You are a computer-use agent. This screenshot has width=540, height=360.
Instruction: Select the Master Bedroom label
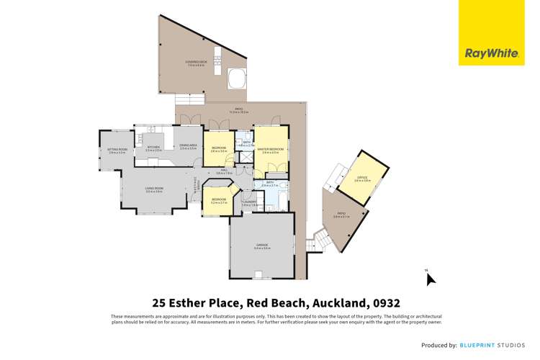[x=271, y=150]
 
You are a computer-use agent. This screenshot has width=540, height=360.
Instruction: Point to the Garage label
[x=261, y=246]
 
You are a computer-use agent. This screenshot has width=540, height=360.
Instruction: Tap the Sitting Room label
[x=117, y=150]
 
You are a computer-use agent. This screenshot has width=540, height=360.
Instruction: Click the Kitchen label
[x=153, y=148]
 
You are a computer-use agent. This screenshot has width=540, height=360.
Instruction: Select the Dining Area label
[x=188, y=146]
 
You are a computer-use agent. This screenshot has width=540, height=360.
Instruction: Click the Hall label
[x=224, y=171]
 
